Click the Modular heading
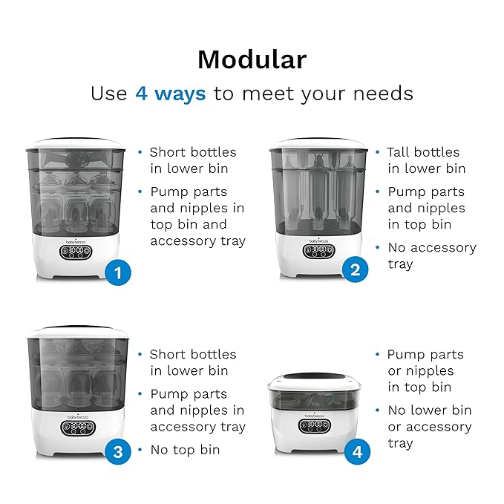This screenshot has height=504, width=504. (x=252, y=60)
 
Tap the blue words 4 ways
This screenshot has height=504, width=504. (x=171, y=94)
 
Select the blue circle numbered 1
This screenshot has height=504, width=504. (x=118, y=272)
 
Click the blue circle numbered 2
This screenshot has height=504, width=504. (x=356, y=269)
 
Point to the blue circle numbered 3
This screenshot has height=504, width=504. (x=118, y=451)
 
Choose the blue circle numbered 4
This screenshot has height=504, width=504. (x=357, y=451)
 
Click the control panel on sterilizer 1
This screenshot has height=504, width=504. (x=76, y=252)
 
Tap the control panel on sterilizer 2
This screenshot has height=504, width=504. (x=319, y=251)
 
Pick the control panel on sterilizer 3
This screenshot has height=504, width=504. (x=78, y=428)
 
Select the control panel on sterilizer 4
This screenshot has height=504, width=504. (x=315, y=427)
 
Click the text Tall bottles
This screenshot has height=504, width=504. (x=423, y=152)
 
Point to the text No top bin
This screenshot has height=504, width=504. (x=185, y=450)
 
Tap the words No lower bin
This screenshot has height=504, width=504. (x=430, y=410)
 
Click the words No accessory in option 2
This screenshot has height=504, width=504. (x=432, y=248)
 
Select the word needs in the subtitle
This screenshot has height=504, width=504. (x=383, y=94)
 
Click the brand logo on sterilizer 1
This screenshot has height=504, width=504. (x=76, y=242)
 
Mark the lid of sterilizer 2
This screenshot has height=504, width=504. (x=318, y=144)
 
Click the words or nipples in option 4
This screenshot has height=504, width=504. (x=421, y=371)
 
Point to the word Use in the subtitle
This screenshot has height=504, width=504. (x=109, y=94)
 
